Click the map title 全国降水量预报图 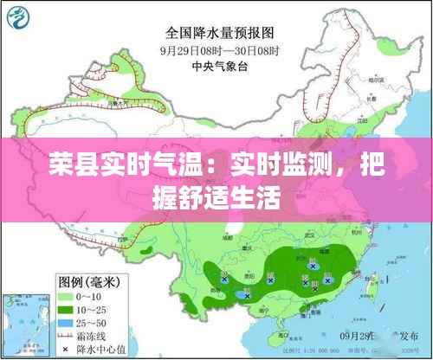216,35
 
